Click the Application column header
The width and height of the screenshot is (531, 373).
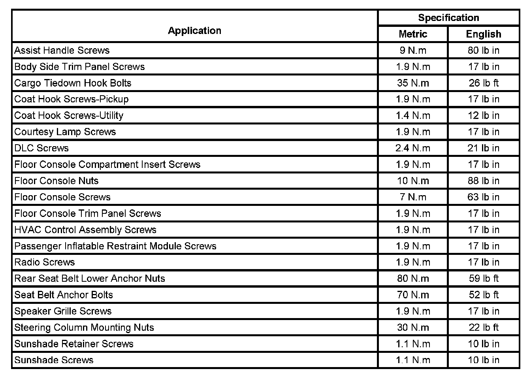(x=194, y=31)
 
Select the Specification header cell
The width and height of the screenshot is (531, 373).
(x=448, y=18)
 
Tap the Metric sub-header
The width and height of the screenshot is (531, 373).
(x=413, y=34)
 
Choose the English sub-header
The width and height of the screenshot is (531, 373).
(x=484, y=34)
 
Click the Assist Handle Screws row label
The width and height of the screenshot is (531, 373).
(x=62, y=50)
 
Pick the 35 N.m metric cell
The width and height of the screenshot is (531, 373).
(x=413, y=83)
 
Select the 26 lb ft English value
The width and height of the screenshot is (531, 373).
(x=484, y=83)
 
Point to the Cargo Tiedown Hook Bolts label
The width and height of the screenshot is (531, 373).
(x=73, y=83)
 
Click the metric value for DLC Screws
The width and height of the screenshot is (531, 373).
(x=413, y=148)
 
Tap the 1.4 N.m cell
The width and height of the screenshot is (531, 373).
(x=413, y=115)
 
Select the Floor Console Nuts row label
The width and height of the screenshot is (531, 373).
(x=56, y=181)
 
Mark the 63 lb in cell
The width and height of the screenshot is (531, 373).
(x=484, y=197)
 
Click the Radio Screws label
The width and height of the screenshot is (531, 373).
(x=45, y=262)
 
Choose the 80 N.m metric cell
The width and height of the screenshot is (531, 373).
(x=413, y=279)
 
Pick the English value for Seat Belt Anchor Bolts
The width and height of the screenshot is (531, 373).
(x=484, y=295)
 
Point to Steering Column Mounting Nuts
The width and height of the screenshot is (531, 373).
(x=84, y=327)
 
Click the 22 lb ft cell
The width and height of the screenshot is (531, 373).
(x=484, y=327)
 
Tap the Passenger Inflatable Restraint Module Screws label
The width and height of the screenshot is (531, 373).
(x=115, y=246)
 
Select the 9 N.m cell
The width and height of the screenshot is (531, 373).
(x=413, y=50)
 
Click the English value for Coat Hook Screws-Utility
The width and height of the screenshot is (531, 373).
(x=484, y=115)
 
